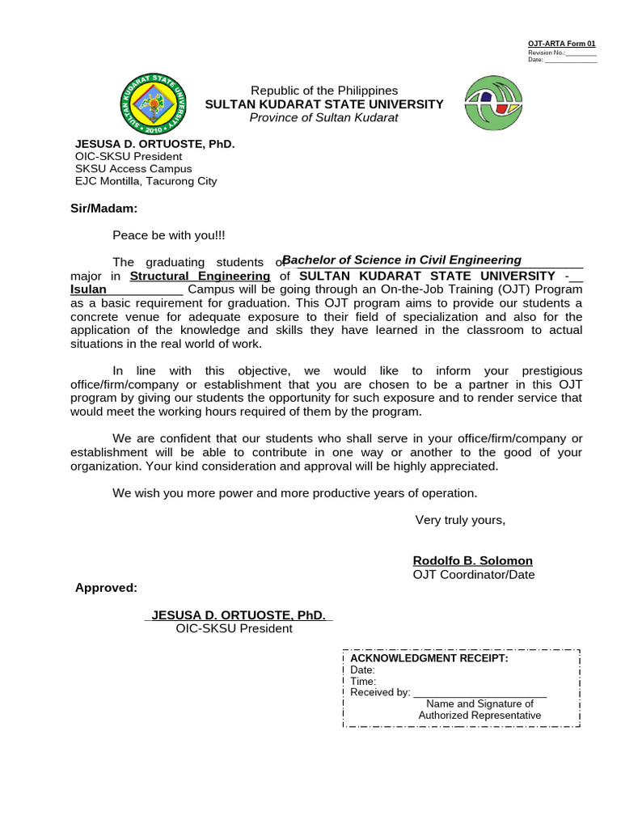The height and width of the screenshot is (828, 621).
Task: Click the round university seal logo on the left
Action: pyautogui.click(x=154, y=104)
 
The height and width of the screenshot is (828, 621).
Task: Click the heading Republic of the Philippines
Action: pyautogui.click(x=324, y=91)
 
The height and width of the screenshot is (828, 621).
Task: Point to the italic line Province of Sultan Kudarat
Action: pyautogui.click(x=324, y=118)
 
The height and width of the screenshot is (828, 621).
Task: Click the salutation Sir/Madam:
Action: pyautogui.click(x=104, y=208)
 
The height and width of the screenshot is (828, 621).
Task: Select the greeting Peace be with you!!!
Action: pyautogui.click(x=169, y=234)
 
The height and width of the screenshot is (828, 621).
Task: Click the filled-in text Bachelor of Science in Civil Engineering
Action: pyautogui.click(x=402, y=260)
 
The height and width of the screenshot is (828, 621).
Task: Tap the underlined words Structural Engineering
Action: pyautogui.click(x=200, y=276)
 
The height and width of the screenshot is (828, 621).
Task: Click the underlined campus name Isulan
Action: pyautogui.click(x=88, y=289)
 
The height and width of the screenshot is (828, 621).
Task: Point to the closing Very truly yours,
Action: pyautogui.click(x=460, y=520)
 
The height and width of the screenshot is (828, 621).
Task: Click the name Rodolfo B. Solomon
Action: pyautogui.click(x=472, y=561)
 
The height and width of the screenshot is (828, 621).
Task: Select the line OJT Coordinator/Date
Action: pyautogui.click(x=473, y=575)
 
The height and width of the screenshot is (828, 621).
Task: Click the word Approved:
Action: pyautogui.click(x=106, y=588)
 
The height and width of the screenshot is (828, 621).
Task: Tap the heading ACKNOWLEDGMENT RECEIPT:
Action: pyautogui.click(x=429, y=658)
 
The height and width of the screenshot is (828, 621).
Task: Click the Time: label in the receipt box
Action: pyautogui.click(x=363, y=682)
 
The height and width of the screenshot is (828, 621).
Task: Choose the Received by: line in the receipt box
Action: pyautogui.click(x=448, y=693)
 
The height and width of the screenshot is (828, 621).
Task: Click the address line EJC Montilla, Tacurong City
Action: pyautogui.click(x=146, y=181)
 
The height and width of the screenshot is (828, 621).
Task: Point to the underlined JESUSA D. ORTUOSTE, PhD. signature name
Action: pyautogui.click(x=239, y=615)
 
